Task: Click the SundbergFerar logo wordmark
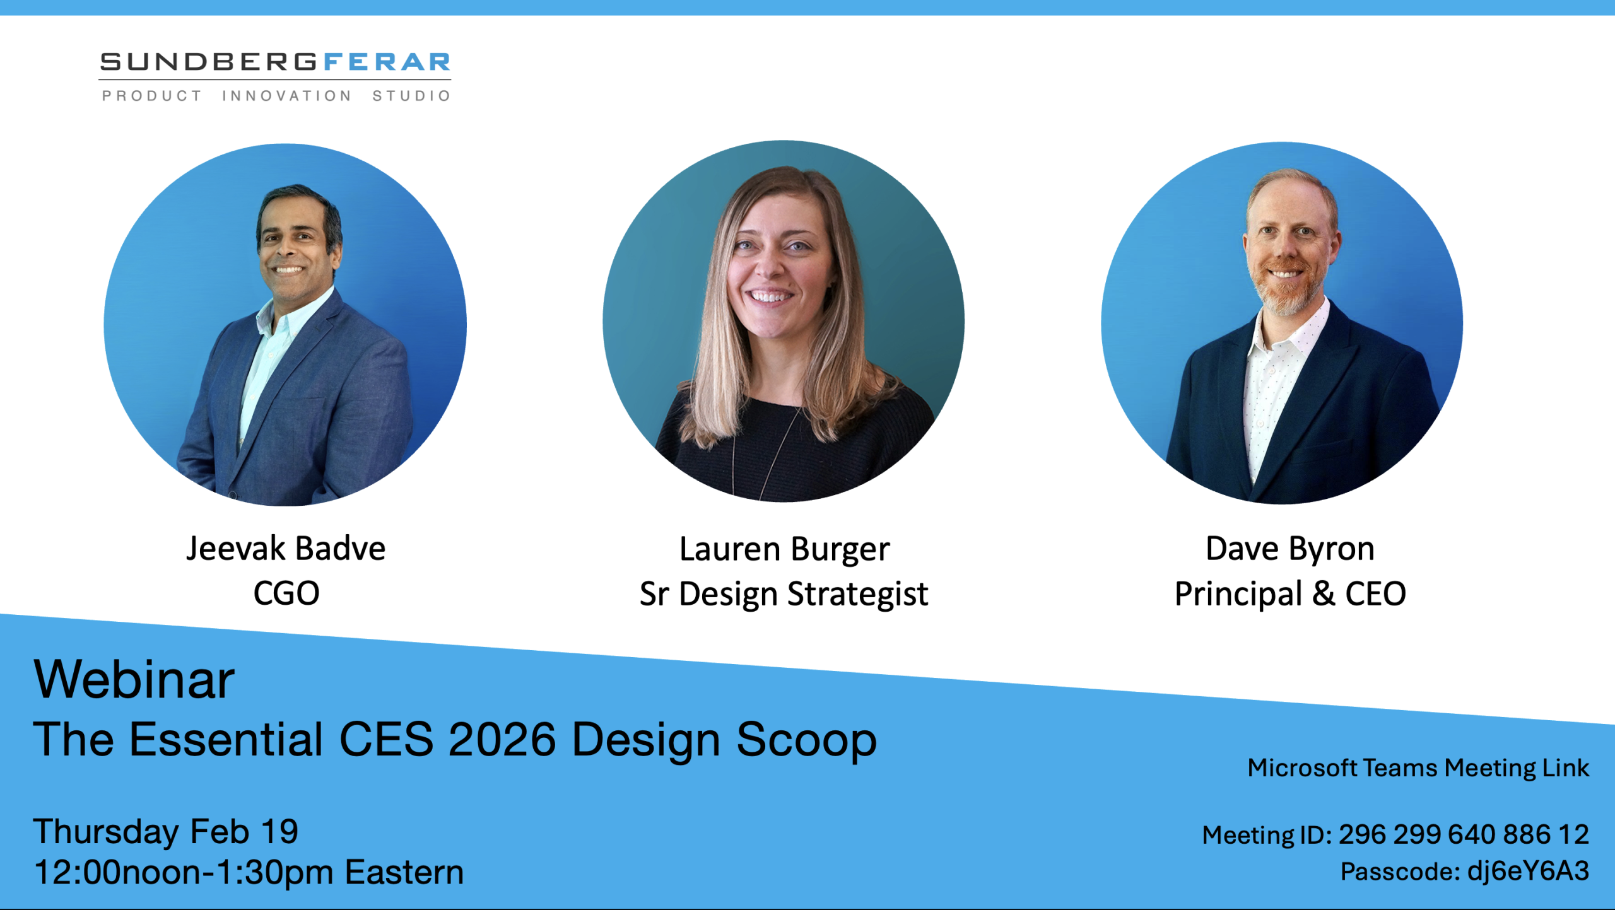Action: (x=275, y=62)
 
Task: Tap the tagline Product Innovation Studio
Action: (x=276, y=96)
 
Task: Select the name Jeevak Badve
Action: (x=286, y=549)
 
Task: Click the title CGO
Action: (x=286, y=593)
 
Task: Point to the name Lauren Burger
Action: (x=784, y=550)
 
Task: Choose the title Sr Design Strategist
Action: (x=784, y=595)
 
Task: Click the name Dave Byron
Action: (x=1290, y=549)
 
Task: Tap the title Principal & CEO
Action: (x=1290, y=594)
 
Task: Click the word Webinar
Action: (x=134, y=679)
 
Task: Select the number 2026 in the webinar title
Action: (x=502, y=739)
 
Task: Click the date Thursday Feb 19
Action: (x=166, y=832)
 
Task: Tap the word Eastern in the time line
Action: (x=404, y=873)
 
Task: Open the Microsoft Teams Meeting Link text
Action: (x=1418, y=768)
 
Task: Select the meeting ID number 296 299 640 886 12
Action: (x=1464, y=834)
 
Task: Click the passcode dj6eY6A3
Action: (x=1528, y=871)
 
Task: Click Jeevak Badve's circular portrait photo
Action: (x=285, y=325)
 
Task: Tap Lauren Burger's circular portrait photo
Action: (x=784, y=321)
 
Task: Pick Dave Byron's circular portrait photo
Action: (x=1282, y=323)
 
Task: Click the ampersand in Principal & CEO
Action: (x=1324, y=594)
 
